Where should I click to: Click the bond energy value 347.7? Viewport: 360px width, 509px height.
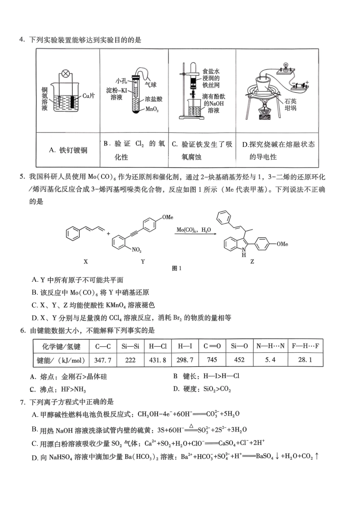(103, 360)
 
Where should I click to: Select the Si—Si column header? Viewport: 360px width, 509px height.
(130, 346)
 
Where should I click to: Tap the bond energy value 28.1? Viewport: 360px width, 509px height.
(305, 360)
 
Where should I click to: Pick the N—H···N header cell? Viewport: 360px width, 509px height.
(270, 346)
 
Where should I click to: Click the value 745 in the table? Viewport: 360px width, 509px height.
(212, 360)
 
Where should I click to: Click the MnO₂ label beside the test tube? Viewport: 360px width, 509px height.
(152, 109)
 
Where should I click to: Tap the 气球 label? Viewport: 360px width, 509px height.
(150, 84)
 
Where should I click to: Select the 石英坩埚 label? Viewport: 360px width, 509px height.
(291, 105)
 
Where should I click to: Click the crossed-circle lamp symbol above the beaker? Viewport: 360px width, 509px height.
(66, 73)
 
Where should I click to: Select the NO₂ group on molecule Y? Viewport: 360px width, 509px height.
(136, 250)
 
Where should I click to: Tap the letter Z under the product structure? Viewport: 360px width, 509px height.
(252, 262)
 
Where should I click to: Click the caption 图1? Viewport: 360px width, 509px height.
(177, 269)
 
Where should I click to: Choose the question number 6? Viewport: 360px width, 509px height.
(23, 331)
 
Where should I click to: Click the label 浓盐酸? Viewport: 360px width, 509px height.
(154, 99)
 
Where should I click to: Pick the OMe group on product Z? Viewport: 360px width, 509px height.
(282, 244)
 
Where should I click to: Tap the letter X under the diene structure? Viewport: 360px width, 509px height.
(86, 262)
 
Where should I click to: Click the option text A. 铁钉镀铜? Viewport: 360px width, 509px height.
(68, 150)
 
